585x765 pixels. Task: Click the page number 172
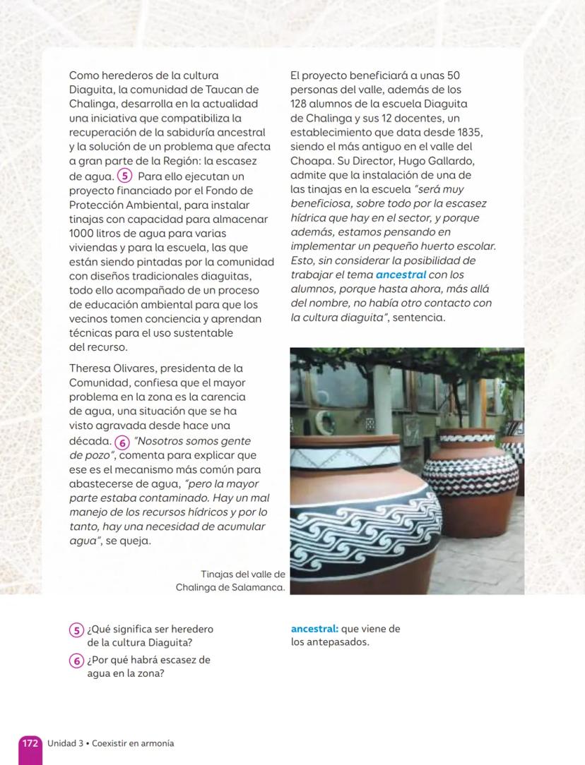pyautogui.click(x=30, y=744)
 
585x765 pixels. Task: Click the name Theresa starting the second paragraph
pyautogui.click(x=90, y=368)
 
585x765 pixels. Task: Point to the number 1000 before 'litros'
pyautogui.click(x=81, y=233)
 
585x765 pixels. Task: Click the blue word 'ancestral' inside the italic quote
pyautogui.click(x=401, y=275)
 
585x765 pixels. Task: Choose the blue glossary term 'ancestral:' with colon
pyautogui.click(x=315, y=629)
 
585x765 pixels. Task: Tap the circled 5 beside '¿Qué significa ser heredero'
pyautogui.click(x=76, y=630)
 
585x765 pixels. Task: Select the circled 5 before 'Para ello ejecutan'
pyautogui.click(x=124, y=176)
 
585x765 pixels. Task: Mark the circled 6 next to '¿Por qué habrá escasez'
pyautogui.click(x=76, y=661)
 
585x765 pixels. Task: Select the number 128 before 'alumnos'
pyautogui.click(x=300, y=104)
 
